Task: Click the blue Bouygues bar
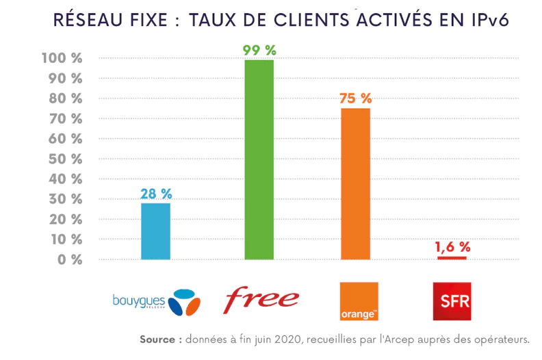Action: pos(155,231)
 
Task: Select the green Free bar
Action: pos(259,159)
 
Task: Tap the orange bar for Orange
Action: pos(355,183)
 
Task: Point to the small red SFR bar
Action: pos(452,257)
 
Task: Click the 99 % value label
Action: pos(259,50)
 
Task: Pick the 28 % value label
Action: pos(155,194)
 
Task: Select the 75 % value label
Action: pos(355,99)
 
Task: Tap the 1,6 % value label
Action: pos(452,246)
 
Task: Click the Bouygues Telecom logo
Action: pos(156,302)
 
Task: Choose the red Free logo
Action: pos(262,299)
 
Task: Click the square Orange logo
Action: pos(359,301)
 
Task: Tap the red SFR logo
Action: pos(452,301)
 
